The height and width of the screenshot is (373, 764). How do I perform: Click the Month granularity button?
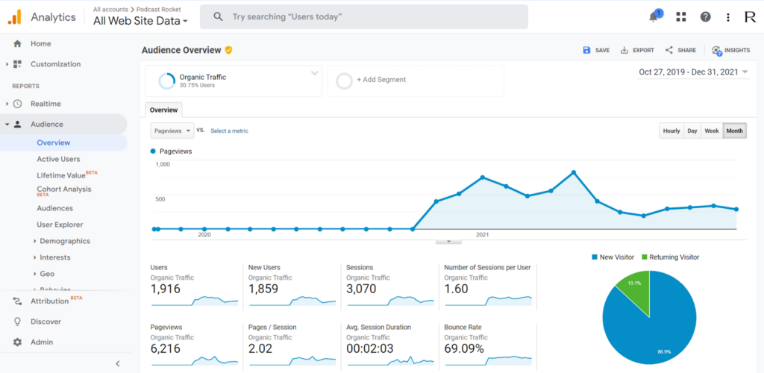pos(734,131)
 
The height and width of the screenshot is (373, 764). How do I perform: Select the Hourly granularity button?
pos(671,131)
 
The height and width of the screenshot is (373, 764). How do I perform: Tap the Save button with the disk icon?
pos(596,50)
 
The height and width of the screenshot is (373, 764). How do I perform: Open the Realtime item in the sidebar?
pos(46,104)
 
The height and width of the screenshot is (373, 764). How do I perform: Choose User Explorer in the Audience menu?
pos(60,225)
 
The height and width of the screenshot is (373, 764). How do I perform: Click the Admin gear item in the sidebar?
pos(42,342)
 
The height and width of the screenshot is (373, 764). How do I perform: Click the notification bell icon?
pos(654,16)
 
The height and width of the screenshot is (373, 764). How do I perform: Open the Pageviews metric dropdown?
pos(172,131)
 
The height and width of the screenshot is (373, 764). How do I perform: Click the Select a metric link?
pos(229,131)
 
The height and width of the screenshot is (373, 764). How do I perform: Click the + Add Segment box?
pos(415,80)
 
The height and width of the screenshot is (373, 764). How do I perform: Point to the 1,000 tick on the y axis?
pos(162,164)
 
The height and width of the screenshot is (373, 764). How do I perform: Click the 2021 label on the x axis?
pos(482,234)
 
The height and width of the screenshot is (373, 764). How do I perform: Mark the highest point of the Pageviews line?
pos(573,172)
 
